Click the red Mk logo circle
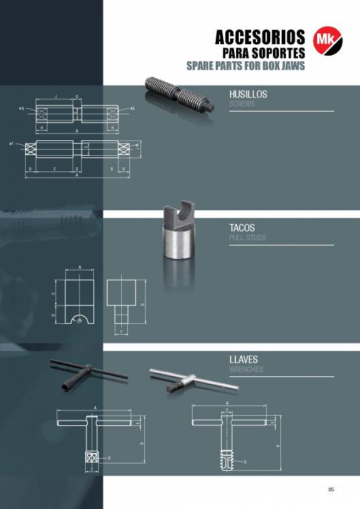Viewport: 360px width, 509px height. (x=324, y=40)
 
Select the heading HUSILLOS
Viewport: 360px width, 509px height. (x=248, y=95)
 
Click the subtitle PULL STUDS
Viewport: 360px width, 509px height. (x=247, y=238)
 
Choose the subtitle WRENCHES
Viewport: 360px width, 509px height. (x=246, y=370)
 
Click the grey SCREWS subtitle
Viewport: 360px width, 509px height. (x=242, y=104)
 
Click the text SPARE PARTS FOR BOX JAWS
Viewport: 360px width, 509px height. (x=246, y=66)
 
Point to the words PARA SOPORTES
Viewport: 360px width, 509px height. (x=264, y=53)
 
